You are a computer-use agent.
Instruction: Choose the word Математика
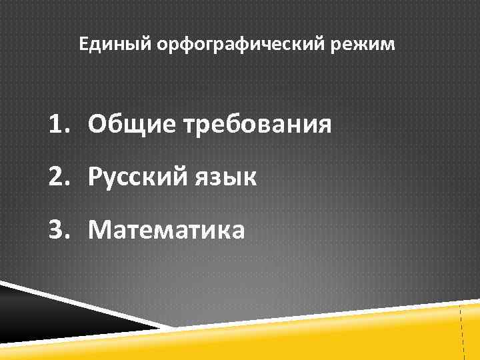pos(167,231)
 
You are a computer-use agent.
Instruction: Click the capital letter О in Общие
pos(97,124)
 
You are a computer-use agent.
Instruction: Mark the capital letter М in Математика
pos(100,231)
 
